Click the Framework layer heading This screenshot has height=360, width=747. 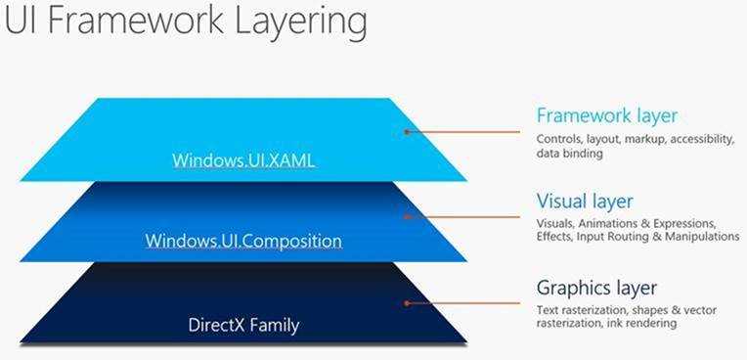tap(606, 116)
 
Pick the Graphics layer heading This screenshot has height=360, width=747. tap(596, 288)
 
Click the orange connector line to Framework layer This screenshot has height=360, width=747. tap(465, 130)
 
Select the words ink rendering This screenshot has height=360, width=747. tap(636, 323)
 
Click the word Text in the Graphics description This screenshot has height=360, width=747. tap(548, 309)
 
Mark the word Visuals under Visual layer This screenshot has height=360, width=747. tap(555, 223)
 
